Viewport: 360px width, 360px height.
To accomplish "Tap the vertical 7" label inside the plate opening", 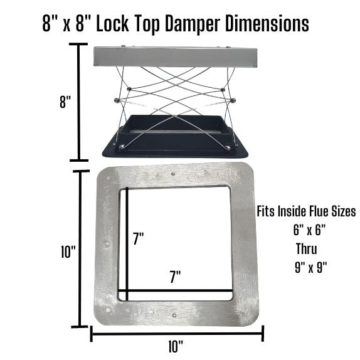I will tap(139, 238).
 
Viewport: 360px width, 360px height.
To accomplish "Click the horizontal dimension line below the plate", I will tap(177, 334).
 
